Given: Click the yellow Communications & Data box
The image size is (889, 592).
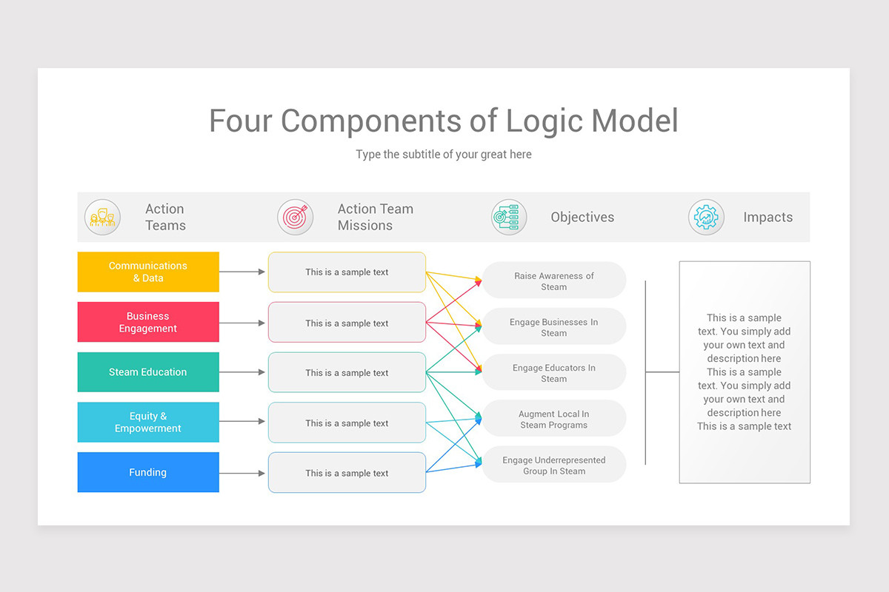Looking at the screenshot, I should [148, 272].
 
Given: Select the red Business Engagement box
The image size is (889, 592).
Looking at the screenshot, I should [148, 322].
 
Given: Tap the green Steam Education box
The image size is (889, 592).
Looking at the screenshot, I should [148, 372].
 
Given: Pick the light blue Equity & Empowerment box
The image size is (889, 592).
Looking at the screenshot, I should [148, 422].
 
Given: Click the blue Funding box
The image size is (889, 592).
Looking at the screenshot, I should [148, 472].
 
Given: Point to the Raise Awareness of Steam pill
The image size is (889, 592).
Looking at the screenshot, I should [553, 280].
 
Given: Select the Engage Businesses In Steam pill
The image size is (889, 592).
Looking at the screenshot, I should [553, 327].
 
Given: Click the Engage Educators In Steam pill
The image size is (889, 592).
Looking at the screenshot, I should [553, 373].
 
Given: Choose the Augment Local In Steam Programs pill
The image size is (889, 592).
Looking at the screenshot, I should [553, 420].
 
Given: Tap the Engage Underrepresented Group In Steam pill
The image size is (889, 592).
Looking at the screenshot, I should [553, 465].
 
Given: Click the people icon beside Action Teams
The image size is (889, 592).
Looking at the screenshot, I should [102, 218].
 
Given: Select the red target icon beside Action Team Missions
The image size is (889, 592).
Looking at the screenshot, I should [295, 218].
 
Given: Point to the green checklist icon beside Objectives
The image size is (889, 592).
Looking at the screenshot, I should [509, 218].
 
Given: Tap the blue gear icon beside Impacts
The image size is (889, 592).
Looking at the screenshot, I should [706, 218].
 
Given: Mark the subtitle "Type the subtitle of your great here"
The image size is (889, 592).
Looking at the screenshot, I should [444, 155].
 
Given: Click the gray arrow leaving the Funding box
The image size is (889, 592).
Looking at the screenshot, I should [242, 473].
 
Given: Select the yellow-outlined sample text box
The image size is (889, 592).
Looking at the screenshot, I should [347, 272].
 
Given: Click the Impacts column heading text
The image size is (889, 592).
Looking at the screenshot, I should [768, 218].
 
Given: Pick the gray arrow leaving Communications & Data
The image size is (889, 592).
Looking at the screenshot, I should [242, 272].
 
